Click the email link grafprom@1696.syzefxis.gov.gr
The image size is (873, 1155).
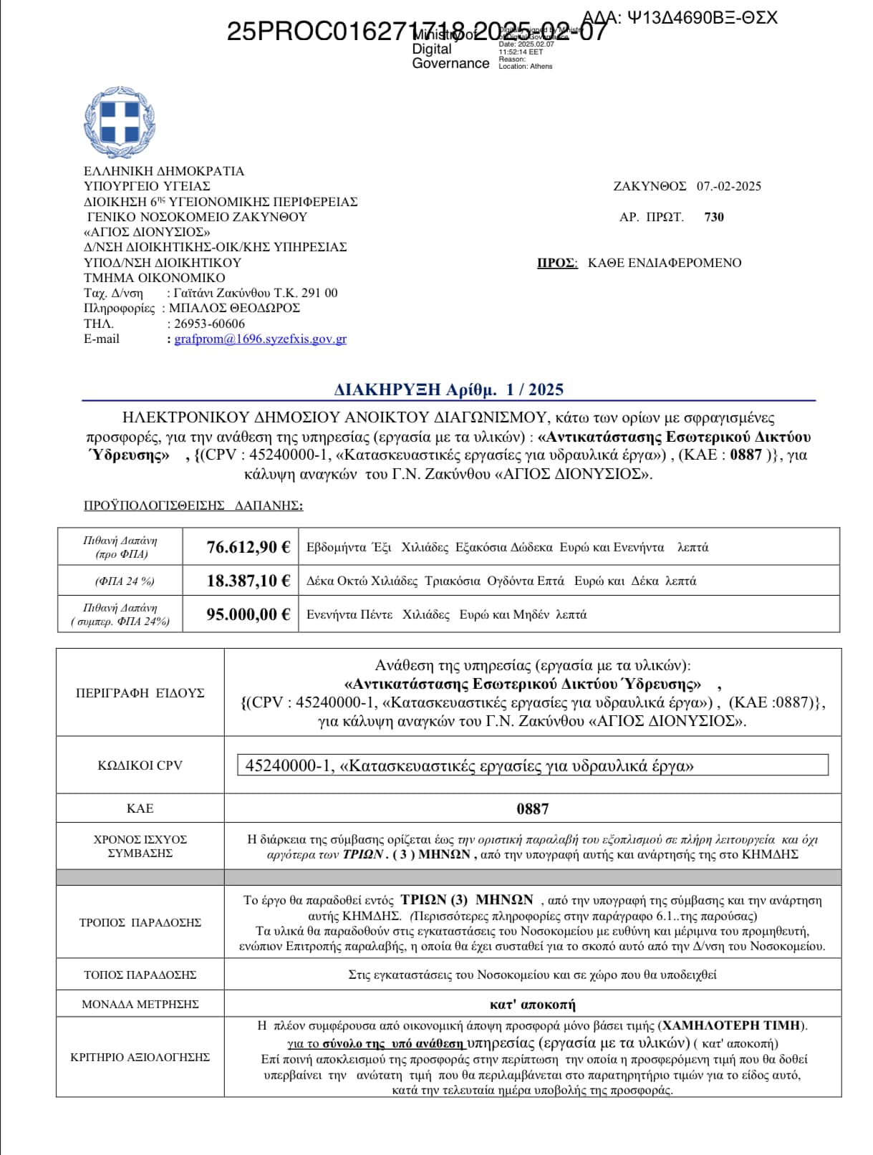tap(260, 339)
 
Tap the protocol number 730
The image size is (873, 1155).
tap(714, 217)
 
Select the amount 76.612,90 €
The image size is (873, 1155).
tap(248, 547)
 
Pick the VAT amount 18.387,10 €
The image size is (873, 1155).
tap(248, 581)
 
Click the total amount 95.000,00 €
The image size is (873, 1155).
tap(248, 614)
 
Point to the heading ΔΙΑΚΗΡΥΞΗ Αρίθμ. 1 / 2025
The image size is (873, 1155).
tap(448, 390)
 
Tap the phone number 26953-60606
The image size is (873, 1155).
tap(209, 324)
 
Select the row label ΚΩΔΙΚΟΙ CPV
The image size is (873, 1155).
tap(140, 765)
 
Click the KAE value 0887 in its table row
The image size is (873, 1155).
tap(532, 809)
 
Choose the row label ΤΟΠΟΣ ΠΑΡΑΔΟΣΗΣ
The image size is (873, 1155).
tap(140, 975)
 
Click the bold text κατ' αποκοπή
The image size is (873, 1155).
tap(532, 1004)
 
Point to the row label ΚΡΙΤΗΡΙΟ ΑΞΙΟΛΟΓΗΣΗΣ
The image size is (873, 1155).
tap(140, 1057)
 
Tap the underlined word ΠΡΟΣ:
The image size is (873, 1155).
tap(557, 263)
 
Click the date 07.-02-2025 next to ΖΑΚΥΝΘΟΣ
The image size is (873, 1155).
tap(728, 186)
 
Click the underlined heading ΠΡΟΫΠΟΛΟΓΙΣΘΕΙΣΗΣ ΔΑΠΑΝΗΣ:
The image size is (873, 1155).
tap(193, 506)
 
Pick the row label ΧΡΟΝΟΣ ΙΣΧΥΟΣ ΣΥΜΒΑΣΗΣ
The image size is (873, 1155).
tap(140, 846)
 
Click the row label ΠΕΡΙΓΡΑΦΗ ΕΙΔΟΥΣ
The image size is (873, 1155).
tap(140, 692)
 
